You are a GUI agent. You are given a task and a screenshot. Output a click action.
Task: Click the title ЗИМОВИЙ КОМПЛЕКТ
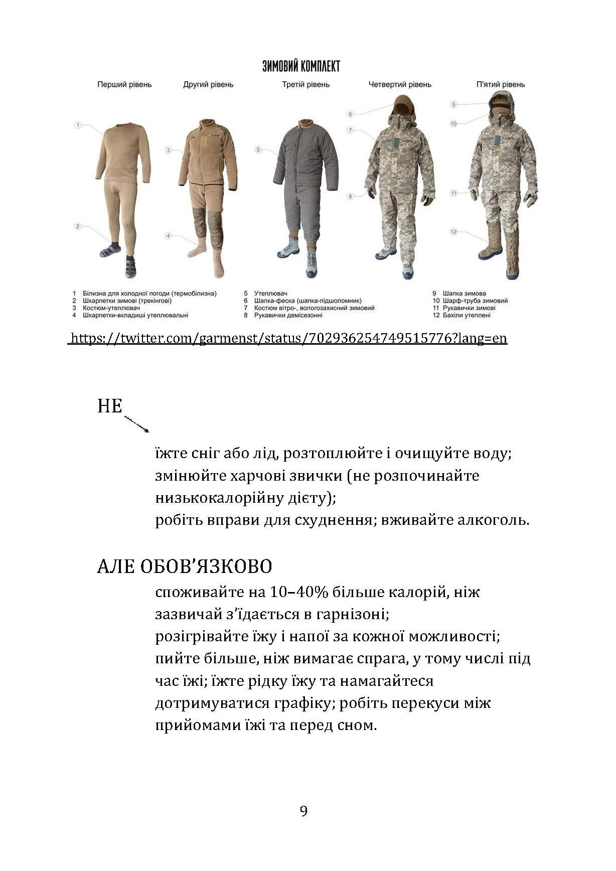tap(301, 66)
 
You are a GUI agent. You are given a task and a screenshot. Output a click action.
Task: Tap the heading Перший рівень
tap(124, 84)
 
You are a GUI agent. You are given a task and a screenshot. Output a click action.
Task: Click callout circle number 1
tap(78, 125)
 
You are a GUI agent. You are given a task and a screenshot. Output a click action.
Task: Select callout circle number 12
tap(453, 231)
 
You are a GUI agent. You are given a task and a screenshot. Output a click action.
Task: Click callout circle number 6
tap(351, 114)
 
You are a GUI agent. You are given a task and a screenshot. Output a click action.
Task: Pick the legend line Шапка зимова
tap(464, 293)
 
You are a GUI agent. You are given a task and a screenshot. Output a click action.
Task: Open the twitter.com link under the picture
tap(288, 338)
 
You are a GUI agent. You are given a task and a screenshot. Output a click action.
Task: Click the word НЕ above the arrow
tap(110, 405)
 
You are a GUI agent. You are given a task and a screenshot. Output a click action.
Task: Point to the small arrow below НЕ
tap(136, 424)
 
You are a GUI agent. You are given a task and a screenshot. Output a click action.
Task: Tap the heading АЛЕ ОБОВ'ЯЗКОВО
tap(185, 566)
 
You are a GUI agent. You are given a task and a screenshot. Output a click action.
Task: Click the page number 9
tap(303, 811)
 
